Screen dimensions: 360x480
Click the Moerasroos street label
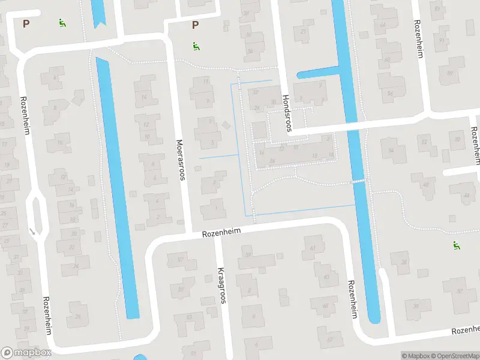point(180,160)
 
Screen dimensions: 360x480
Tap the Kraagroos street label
point(221,285)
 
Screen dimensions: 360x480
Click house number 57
point(179,259)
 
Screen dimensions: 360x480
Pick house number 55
point(181,289)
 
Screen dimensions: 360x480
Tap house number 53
point(190,316)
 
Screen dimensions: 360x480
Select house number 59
point(249,255)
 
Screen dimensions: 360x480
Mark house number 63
point(326,277)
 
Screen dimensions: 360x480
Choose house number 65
point(324,306)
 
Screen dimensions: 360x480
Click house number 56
point(391,94)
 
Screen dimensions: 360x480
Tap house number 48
point(426,184)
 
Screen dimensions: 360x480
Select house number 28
point(404,262)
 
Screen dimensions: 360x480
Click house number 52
point(425,142)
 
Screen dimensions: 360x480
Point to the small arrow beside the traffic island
point(32,230)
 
